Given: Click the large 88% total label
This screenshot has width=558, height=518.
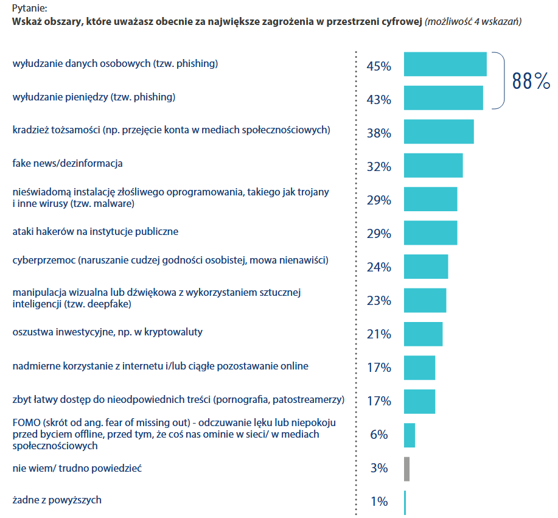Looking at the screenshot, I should (531, 80).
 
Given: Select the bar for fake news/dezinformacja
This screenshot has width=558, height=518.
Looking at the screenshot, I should (433, 166).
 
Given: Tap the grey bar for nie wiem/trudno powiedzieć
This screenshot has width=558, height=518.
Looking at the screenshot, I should (406, 469).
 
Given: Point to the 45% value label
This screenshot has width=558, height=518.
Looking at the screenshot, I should (378, 66).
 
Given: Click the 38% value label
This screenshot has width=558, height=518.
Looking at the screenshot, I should (378, 133).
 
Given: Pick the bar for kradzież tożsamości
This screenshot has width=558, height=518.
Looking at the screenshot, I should (438, 131).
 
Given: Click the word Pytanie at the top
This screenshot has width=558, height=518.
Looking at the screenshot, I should (29, 9).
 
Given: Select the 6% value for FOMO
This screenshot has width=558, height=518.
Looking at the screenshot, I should (378, 435).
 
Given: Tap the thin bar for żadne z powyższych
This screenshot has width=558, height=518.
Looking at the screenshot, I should (405, 503).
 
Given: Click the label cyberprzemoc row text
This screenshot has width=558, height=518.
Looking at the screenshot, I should (170, 261).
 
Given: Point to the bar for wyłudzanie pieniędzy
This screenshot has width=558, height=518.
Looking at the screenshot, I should (443, 98).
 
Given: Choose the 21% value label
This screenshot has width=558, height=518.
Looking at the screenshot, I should (378, 334).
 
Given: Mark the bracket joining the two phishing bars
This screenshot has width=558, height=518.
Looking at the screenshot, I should (503, 81).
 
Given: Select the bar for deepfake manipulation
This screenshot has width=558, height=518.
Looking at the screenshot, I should (425, 300).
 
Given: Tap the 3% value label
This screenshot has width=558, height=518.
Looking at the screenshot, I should (378, 468).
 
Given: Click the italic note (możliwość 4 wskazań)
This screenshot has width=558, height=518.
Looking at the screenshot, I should (473, 21).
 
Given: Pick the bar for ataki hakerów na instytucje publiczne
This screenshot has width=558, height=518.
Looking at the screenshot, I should (430, 233).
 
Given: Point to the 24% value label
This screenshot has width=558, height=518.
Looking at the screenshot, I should (378, 267).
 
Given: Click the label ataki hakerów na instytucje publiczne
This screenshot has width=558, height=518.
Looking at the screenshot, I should (96, 232).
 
